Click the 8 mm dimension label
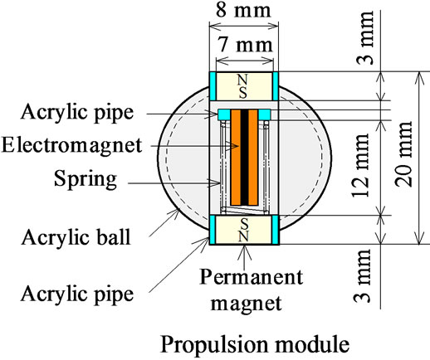[243, 11]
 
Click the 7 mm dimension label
[245, 45]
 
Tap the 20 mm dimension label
[403, 154]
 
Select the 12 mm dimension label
[361, 165]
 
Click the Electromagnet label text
[71, 145]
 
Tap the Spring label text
[86, 179]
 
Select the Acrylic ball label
[76, 237]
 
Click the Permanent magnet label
[251, 289]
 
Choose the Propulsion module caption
[255, 344]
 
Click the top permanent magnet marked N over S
[244, 86]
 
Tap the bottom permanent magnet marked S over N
[244, 230]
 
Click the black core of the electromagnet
[244, 158]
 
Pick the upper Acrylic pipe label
[77, 113]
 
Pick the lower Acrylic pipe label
[77, 294]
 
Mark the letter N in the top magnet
[242, 80]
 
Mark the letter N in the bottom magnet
[244, 236]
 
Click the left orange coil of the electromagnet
[236, 158]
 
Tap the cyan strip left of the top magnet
[213, 86]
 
